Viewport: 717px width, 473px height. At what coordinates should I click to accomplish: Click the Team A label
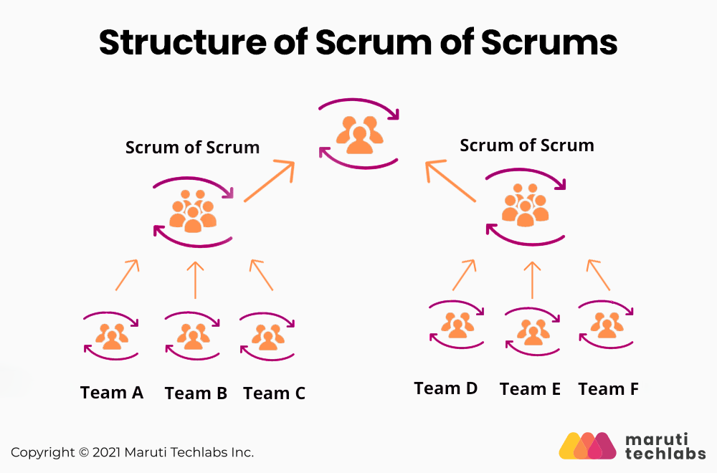[112, 393]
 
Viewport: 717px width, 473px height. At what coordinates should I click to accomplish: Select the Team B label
[196, 393]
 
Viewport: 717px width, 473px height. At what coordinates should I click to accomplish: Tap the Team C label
[274, 393]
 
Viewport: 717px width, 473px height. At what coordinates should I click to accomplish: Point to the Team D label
[445, 388]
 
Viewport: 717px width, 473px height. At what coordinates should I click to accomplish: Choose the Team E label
[530, 389]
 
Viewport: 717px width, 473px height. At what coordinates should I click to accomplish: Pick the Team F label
[608, 389]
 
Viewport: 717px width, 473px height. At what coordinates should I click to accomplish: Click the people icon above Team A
[112, 335]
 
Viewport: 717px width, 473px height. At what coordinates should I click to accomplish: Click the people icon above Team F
[607, 325]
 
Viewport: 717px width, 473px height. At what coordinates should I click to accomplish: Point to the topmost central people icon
[359, 133]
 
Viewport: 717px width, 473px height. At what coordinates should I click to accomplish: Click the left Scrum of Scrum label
[192, 148]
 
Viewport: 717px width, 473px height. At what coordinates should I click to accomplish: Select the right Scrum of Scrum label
[526, 145]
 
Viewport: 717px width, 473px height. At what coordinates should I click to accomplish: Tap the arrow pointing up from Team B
[195, 279]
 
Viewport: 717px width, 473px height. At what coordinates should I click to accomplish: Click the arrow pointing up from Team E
[531, 279]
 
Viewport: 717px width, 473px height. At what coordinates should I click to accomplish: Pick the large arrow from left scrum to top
[269, 181]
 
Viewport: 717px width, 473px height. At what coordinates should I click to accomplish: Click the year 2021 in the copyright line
[106, 452]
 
